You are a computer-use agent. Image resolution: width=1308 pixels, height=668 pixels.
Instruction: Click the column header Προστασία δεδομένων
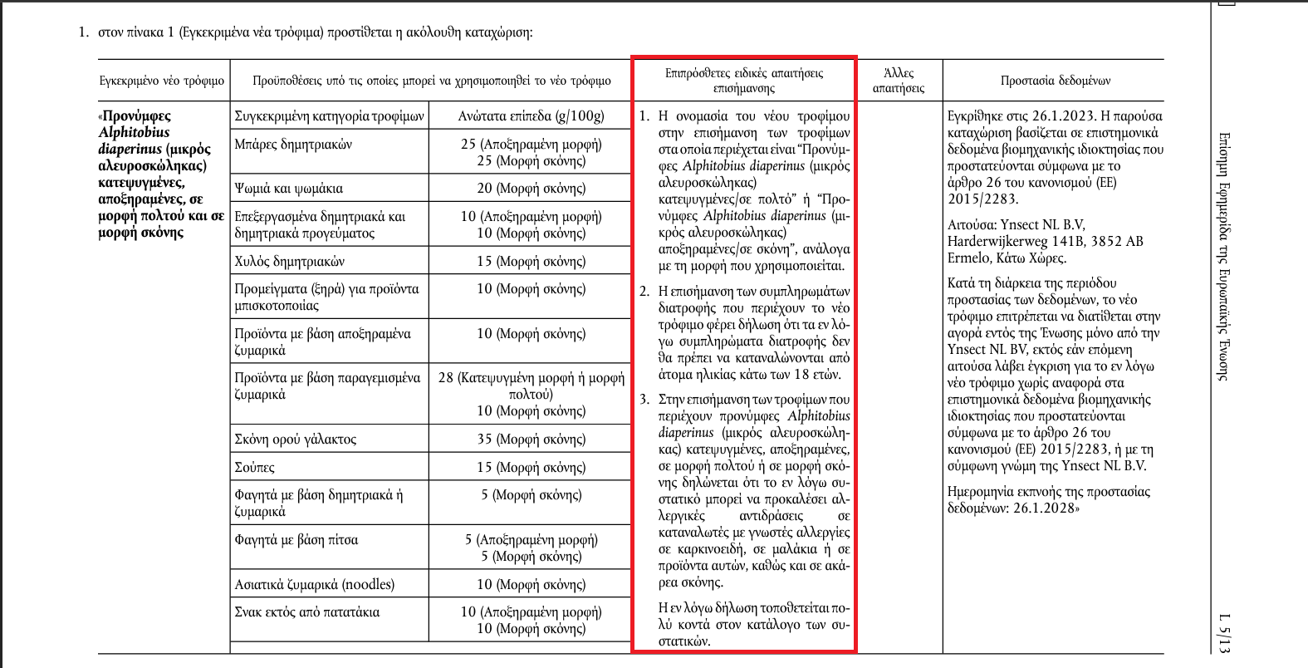pyautogui.click(x=1055, y=81)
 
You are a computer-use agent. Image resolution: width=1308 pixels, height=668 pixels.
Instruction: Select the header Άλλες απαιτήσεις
pyautogui.click(x=899, y=81)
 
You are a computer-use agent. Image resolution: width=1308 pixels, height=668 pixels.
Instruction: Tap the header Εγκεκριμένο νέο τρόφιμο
pyautogui.click(x=162, y=81)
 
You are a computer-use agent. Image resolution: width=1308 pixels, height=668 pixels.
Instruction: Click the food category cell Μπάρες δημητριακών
pyautogui.click(x=293, y=145)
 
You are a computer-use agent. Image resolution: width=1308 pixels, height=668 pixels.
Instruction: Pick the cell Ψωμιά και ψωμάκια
pyautogui.click(x=288, y=189)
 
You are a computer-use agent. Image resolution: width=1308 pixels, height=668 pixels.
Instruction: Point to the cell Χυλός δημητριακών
pyautogui.click(x=289, y=262)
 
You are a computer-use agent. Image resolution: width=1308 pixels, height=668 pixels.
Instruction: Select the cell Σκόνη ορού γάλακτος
pyautogui.click(x=295, y=440)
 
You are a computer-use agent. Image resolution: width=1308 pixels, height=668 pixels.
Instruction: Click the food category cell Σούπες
pyautogui.click(x=254, y=468)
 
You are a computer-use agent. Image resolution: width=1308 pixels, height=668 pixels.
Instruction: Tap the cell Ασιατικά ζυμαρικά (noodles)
pyautogui.click(x=314, y=585)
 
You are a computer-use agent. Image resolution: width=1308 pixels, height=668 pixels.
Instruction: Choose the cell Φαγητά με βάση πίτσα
pyautogui.click(x=296, y=540)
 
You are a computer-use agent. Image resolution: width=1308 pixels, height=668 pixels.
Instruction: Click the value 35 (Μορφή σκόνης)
pyautogui.click(x=531, y=440)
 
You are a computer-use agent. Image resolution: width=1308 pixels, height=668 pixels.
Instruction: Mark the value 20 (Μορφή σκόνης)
pyautogui.click(x=531, y=189)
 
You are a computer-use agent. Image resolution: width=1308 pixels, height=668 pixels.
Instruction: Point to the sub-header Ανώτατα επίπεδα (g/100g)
pyautogui.click(x=531, y=116)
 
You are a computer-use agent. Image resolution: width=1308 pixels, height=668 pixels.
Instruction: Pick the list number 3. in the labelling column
pyautogui.click(x=644, y=400)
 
